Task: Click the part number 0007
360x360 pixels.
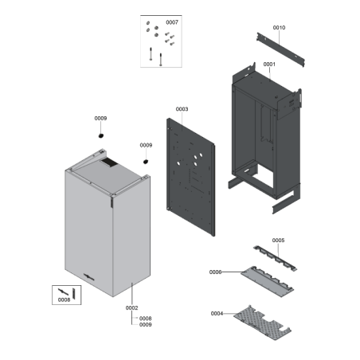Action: [x=172, y=22]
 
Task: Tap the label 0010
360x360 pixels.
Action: [x=279, y=28]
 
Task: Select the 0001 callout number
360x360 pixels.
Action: [x=268, y=65]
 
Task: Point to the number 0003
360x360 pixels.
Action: [x=182, y=109]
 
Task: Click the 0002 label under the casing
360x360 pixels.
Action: [x=132, y=307]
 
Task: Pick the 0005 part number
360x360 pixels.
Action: [x=278, y=240]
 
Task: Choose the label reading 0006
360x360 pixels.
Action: [x=216, y=272]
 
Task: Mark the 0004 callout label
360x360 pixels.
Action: [x=217, y=313]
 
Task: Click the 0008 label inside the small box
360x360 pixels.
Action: [x=65, y=300]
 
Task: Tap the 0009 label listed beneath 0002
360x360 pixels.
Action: [x=145, y=325]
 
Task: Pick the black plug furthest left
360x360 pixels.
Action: [x=101, y=136]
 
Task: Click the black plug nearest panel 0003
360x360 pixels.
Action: [x=147, y=162]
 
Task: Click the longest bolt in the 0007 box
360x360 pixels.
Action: [x=149, y=56]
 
